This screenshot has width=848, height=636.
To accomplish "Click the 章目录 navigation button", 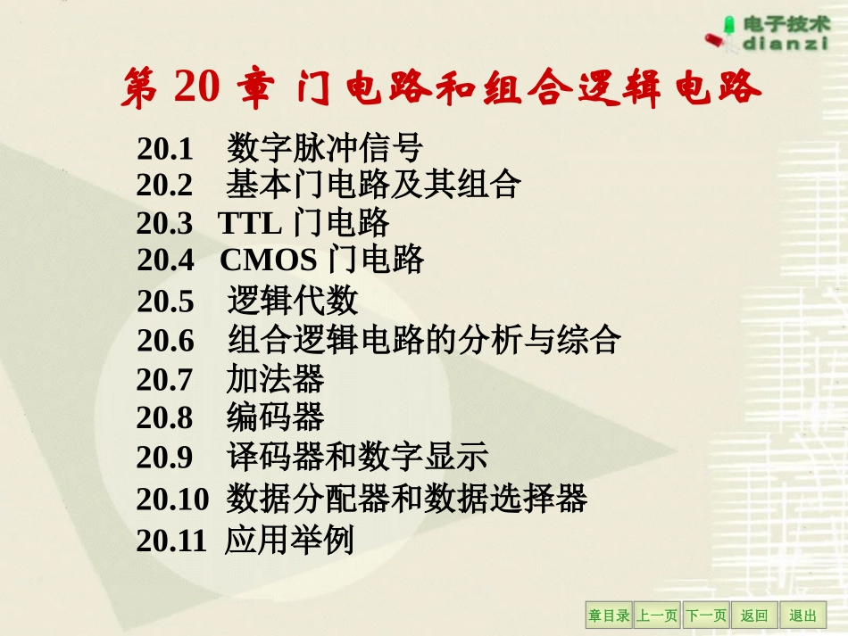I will [x=609, y=615].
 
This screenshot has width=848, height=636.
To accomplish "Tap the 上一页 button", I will [x=657, y=615].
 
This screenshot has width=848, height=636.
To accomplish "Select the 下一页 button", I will [x=706, y=615].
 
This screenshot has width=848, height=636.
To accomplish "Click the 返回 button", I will [x=754, y=615].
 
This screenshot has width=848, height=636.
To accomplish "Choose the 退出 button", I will [x=802, y=615].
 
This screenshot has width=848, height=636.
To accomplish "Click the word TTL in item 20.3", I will [x=250, y=223].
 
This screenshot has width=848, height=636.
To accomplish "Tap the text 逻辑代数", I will [x=292, y=301].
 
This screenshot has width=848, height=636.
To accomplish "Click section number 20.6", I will [x=165, y=341].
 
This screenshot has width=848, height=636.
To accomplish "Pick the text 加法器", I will [x=275, y=380].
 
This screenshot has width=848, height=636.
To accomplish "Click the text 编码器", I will [x=275, y=417].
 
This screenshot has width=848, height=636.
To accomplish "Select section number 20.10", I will [x=171, y=499].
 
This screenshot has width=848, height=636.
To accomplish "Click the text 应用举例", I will [x=290, y=541].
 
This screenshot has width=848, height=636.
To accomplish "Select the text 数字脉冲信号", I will [x=325, y=148].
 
